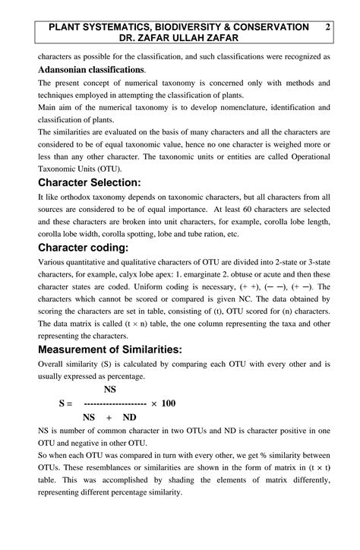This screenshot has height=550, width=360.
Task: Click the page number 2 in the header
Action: pyautogui.click(x=327, y=27)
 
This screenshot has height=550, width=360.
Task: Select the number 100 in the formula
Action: pyautogui.click(x=168, y=403)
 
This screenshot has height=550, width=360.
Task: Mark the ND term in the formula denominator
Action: pyautogui.click(x=129, y=417)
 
